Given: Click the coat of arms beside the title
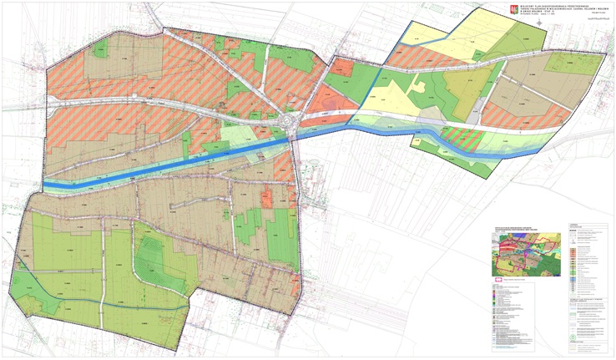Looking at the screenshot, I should tap(512, 10).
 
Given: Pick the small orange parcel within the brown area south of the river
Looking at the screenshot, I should tap(269, 198).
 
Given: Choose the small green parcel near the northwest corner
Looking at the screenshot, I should tap(100, 52).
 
